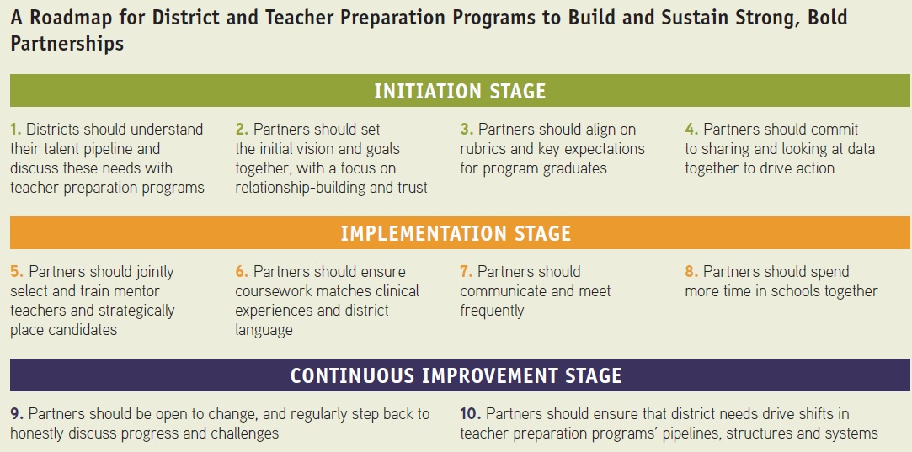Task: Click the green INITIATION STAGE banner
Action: pyautogui.click(x=460, y=91)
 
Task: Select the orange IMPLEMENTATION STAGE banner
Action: pyautogui.click(x=460, y=232)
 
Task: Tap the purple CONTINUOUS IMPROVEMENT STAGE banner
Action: pyautogui.click(x=460, y=375)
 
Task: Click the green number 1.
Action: pyautogui.click(x=16, y=129)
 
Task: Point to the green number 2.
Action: pyautogui.click(x=242, y=129)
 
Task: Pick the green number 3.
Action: pyautogui.click(x=467, y=129)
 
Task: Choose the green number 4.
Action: pyautogui.click(x=691, y=129)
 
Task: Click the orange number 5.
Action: pyautogui.click(x=17, y=272)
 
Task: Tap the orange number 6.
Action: pyautogui.click(x=242, y=272)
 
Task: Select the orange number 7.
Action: pyautogui.click(x=466, y=272)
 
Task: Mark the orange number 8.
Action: pyautogui.click(x=691, y=272)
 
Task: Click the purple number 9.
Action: pyautogui.click(x=17, y=414)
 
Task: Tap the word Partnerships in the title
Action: pyautogui.click(x=67, y=45)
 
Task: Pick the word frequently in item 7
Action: pyautogui.click(x=492, y=311)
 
